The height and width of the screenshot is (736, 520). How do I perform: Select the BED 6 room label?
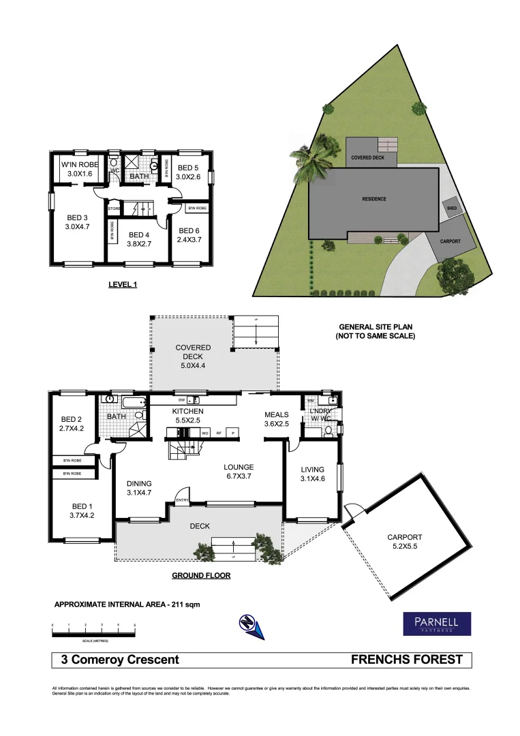[x=188, y=235]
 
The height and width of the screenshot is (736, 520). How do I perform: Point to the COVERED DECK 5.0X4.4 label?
[x=193, y=356]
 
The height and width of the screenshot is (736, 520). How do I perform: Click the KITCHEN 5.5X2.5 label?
[x=188, y=416]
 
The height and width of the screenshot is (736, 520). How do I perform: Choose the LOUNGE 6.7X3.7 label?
[x=239, y=472]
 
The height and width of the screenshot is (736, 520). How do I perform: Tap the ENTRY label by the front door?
[x=182, y=501]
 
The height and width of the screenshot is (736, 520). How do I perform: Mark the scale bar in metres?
[x=93, y=632]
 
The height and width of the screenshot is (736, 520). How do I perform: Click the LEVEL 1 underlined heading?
[x=123, y=285]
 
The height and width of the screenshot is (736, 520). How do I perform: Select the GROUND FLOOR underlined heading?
[x=200, y=576]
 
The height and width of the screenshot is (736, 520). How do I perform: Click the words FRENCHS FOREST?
[x=406, y=660]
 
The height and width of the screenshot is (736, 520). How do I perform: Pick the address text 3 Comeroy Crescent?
[x=120, y=660]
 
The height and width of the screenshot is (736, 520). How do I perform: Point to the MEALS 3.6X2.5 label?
[x=277, y=419]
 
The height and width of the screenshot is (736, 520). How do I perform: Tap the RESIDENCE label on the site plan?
[x=373, y=199]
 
